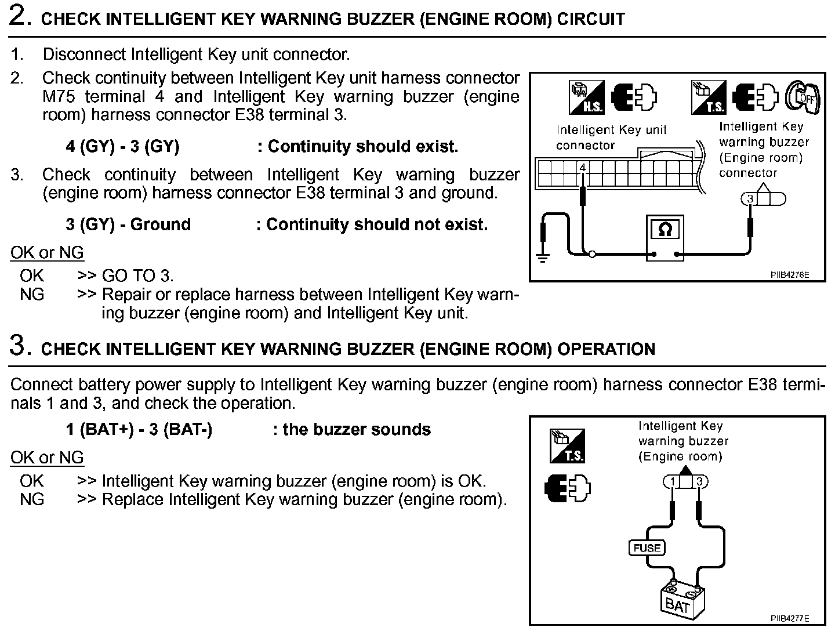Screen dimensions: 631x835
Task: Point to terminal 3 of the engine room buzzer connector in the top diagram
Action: [x=750, y=200]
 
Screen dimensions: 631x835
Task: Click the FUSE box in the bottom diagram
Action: [x=647, y=547]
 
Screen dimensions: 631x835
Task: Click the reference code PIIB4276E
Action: [x=789, y=275]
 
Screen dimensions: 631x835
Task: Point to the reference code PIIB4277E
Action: [x=789, y=618]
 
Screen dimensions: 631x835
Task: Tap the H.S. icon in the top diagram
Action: [x=586, y=97]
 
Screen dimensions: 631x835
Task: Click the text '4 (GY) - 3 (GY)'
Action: [x=122, y=147]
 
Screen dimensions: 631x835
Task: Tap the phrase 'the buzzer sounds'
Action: [x=357, y=430]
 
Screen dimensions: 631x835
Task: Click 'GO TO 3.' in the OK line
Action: [x=137, y=275]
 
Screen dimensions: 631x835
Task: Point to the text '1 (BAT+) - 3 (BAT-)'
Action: [x=139, y=430]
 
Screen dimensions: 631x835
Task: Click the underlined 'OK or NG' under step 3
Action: [x=47, y=458]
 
